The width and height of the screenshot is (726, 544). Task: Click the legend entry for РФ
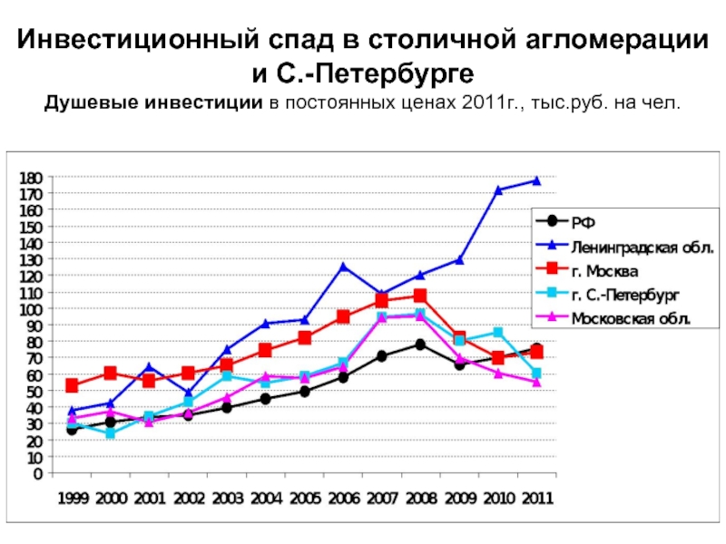[x=580, y=220]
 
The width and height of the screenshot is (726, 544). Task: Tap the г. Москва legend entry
[x=604, y=270]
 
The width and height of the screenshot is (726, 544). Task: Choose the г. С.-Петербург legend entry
[x=625, y=295]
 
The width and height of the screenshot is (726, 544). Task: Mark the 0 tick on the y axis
[x=37, y=473]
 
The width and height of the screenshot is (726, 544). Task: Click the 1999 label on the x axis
[x=72, y=499]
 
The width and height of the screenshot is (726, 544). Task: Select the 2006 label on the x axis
[x=343, y=499]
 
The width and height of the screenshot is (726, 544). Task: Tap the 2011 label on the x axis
[x=536, y=499]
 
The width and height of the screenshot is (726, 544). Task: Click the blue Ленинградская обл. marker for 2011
[x=536, y=180]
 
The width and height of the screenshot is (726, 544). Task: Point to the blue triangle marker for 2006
[x=343, y=266]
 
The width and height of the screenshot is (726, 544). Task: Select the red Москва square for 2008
[x=420, y=296]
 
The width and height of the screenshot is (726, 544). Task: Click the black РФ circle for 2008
[x=420, y=345]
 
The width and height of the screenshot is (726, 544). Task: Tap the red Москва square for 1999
[x=72, y=385]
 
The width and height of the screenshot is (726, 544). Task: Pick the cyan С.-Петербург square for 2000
[x=111, y=433]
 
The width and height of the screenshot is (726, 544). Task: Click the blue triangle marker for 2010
[x=498, y=190]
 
